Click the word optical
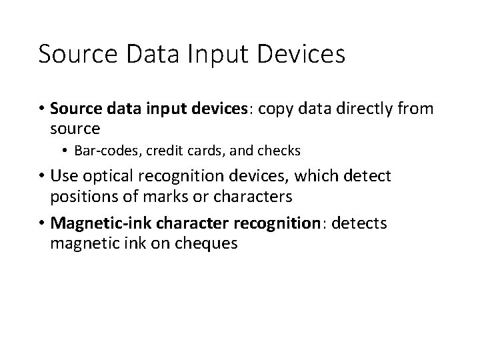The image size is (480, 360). (x=107, y=177)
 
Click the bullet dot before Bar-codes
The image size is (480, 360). (x=67, y=151)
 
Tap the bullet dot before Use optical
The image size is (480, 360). (x=42, y=177)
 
